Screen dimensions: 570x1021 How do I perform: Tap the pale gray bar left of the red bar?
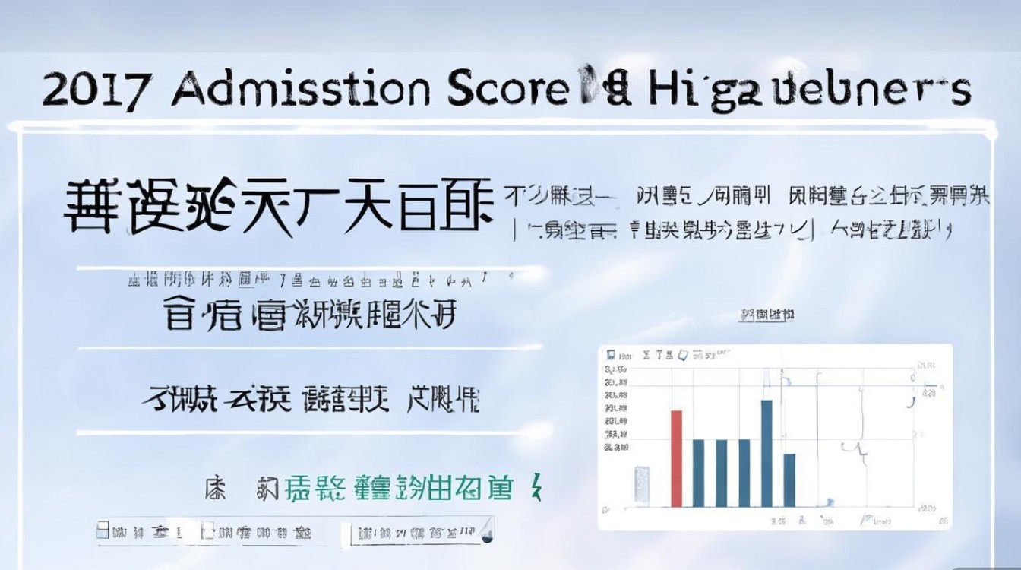(x=642, y=486)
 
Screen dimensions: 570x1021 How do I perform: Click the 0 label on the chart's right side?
(x=912, y=378)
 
